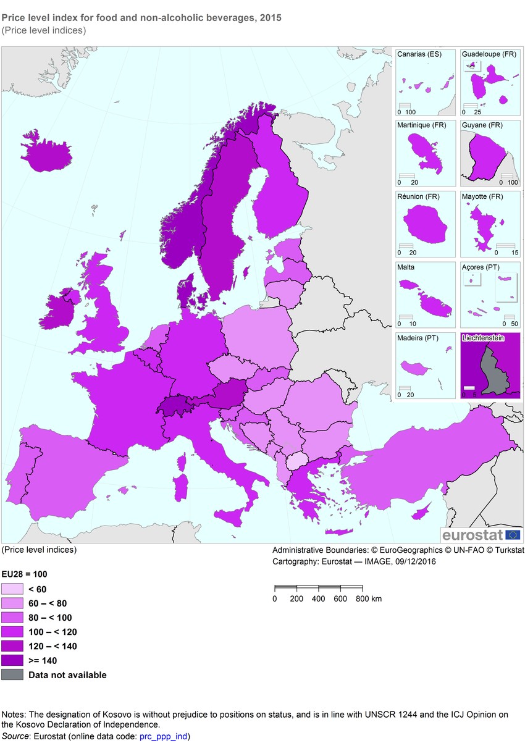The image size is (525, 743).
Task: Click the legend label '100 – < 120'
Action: tap(53, 632)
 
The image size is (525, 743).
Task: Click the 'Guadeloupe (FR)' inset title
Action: tap(489, 54)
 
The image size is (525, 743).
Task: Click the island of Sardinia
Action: tap(182, 487)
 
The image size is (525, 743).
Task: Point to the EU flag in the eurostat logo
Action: tap(513, 534)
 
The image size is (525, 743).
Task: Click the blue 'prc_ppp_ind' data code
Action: tap(166, 736)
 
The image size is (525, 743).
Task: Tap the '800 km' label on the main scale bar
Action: tap(369, 598)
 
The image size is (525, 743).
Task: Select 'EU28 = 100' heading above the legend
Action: tap(24, 574)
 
